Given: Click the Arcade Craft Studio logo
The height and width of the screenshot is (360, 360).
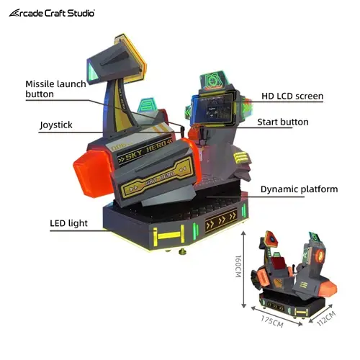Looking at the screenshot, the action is tap(52, 13).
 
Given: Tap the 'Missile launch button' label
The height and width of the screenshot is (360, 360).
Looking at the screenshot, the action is tap(55, 89).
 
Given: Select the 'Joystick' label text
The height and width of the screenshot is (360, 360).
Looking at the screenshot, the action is tap(56, 125).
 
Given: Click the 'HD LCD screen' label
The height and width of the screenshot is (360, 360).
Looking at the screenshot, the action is tap(292, 96).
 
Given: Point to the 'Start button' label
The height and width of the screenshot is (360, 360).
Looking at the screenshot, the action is tap(283, 122).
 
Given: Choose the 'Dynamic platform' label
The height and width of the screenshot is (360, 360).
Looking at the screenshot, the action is tap(299, 189).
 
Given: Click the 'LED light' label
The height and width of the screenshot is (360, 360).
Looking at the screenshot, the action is tap(68, 223).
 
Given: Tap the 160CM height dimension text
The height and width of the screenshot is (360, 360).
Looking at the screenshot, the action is tap(238, 266).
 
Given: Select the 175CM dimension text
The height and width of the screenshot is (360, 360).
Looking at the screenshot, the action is tap(272, 321).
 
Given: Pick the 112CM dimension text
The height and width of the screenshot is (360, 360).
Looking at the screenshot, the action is tap(326, 318).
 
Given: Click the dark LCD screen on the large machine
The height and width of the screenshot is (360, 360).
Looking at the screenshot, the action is tap(212, 109).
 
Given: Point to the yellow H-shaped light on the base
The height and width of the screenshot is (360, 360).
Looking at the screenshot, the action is tap(169, 235).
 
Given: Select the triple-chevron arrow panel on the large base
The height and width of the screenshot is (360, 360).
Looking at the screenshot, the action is tap(221, 220).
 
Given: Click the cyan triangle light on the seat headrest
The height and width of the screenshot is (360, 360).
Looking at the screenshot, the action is tap(93, 71).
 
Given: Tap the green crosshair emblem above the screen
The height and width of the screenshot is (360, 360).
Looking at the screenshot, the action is tap(213, 81).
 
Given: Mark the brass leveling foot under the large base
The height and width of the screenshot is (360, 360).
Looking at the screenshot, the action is tap(182, 252).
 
